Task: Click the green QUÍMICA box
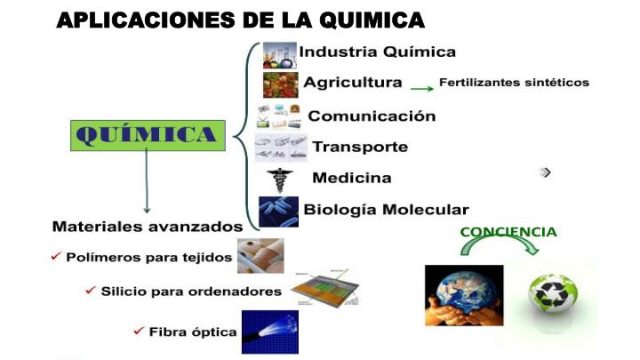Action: pyautogui.click(x=148, y=135)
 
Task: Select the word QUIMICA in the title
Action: pyautogui.click(x=372, y=20)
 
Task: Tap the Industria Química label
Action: pyautogui.click(x=378, y=52)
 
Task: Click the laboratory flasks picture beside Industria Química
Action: pyautogui.click(x=280, y=55)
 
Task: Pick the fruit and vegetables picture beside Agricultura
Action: pyautogui.click(x=280, y=85)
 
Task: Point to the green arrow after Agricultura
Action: pyautogui.click(x=421, y=89)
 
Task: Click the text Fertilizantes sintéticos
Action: pyautogui.click(x=515, y=83)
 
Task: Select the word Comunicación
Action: pyautogui.click(x=372, y=116)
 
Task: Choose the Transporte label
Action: pyautogui.click(x=360, y=147)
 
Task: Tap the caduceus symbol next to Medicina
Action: pyautogui.click(x=280, y=180)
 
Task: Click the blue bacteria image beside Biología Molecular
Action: pyautogui.click(x=279, y=212)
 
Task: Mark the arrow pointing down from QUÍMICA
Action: pyautogui.click(x=147, y=181)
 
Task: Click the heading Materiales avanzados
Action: pyautogui.click(x=148, y=226)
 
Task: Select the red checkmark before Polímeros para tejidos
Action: pyautogui.click(x=56, y=256)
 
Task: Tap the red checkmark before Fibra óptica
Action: pyautogui.click(x=139, y=331)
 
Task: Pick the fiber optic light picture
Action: pyautogui.click(x=270, y=332)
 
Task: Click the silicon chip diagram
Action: pyautogui.click(x=325, y=288)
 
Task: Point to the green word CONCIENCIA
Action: pyautogui.click(x=508, y=232)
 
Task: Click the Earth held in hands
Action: pyautogui.click(x=464, y=295)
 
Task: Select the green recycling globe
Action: pyautogui.click(x=553, y=294)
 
